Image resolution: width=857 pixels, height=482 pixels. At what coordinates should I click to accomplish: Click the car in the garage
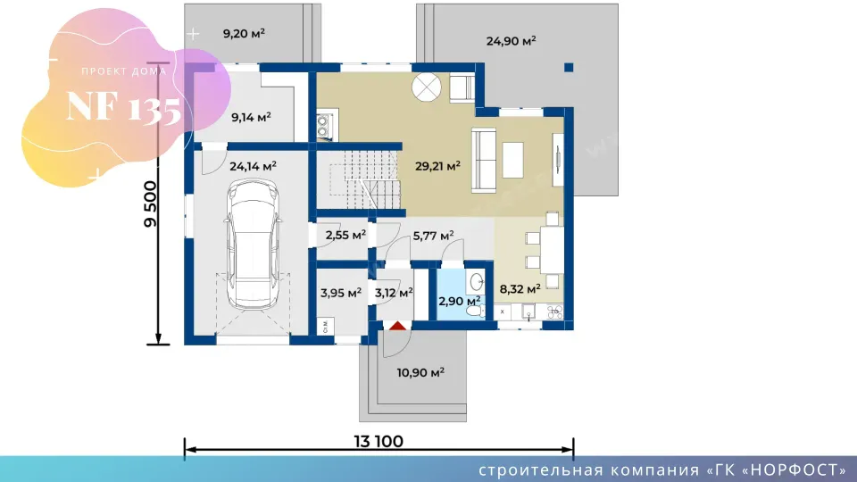[253, 245]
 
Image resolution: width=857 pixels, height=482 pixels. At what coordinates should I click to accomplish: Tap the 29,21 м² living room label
[437, 166]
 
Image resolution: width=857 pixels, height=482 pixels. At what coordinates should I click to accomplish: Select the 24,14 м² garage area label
[253, 166]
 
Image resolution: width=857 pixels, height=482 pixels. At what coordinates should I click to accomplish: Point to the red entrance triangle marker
[397, 326]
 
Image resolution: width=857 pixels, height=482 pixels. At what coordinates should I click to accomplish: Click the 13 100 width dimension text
[379, 441]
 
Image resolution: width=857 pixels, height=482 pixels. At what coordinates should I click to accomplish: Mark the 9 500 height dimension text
[150, 204]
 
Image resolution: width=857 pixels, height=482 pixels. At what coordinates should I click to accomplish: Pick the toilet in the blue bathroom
[474, 311]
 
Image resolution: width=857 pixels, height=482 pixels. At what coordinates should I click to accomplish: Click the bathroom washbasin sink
[476, 282]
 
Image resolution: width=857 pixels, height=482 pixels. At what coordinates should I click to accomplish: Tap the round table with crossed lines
[427, 87]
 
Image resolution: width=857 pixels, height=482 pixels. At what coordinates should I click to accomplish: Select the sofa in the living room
[484, 160]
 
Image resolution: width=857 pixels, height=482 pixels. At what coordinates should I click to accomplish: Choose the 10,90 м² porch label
[420, 373]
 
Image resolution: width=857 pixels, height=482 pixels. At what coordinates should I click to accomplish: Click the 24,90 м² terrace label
[511, 40]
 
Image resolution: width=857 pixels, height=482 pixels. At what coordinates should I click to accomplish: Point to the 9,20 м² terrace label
[244, 33]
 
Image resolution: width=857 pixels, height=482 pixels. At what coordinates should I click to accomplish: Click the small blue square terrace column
[569, 68]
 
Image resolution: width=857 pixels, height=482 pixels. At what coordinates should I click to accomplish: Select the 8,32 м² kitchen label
[520, 289]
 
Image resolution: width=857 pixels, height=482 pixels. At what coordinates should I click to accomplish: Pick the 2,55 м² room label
[345, 236]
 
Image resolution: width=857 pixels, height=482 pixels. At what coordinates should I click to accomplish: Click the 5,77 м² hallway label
[433, 236]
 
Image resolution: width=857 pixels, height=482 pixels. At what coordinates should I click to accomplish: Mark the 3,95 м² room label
[340, 293]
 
